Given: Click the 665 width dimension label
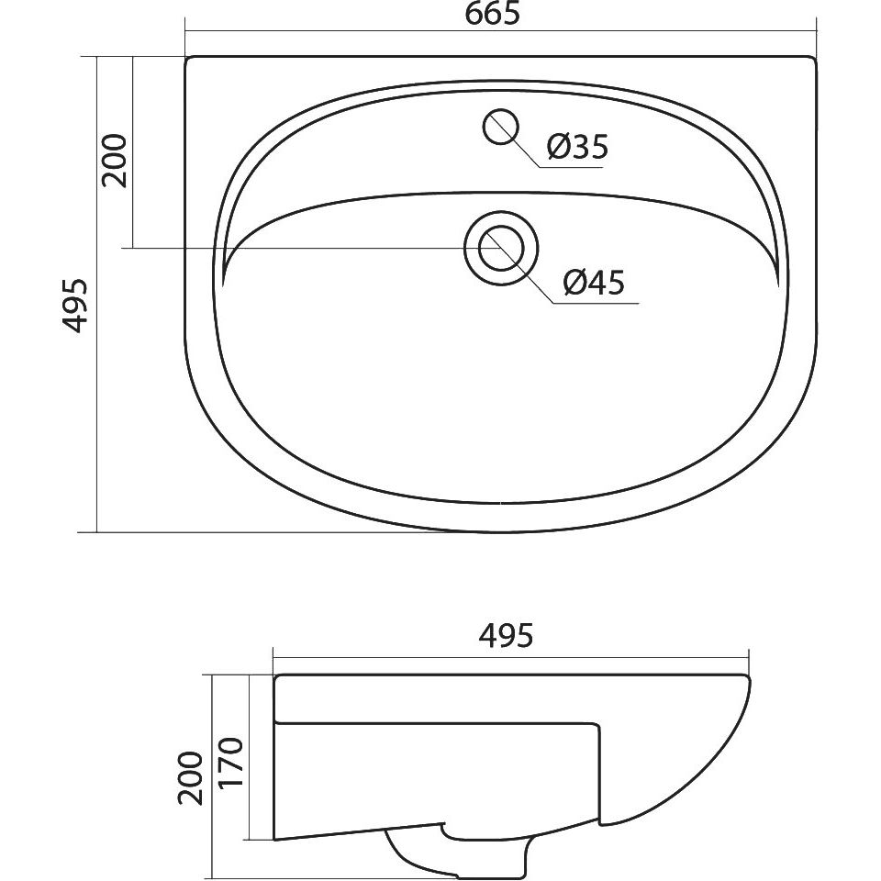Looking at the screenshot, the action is [x=493, y=14].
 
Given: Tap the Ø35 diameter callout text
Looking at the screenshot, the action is [x=577, y=147].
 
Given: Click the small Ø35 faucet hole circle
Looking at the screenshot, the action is [x=500, y=126].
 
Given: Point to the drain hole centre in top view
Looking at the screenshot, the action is [x=501, y=248].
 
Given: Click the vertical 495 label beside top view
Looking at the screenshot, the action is [x=75, y=305].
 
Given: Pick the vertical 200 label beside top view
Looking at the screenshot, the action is [x=114, y=161].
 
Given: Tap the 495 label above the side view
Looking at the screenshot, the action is [x=506, y=635].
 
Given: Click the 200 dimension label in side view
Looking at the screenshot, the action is [x=191, y=778].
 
